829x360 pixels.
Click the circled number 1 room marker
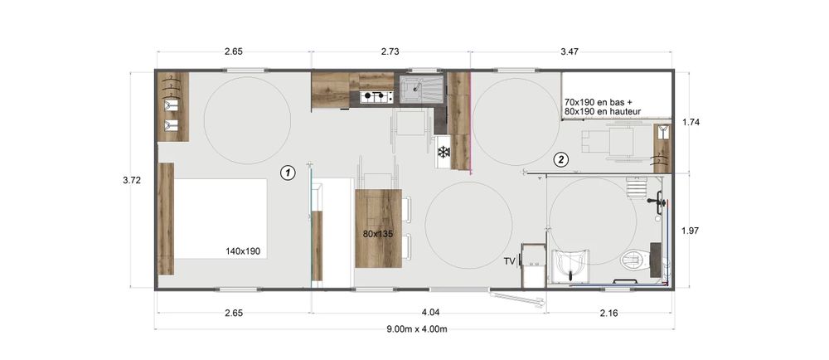(x=288, y=173)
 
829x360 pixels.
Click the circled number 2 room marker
(x=561, y=159)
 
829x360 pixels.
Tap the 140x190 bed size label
(x=243, y=251)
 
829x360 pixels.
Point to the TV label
(x=510, y=260)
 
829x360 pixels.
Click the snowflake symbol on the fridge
(x=443, y=153)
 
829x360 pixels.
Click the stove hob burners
(x=375, y=97)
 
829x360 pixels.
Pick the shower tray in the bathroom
(x=570, y=265)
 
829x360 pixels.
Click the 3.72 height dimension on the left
(x=132, y=180)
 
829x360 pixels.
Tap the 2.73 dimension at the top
(x=390, y=51)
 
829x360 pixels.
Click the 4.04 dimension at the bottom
(x=429, y=313)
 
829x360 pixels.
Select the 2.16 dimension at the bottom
(x=609, y=313)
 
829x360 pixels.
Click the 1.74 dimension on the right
(x=691, y=122)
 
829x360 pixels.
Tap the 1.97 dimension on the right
(x=691, y=231)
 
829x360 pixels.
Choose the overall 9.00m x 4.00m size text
(x=417, y=328)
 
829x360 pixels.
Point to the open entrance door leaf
(x=516, y=298)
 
